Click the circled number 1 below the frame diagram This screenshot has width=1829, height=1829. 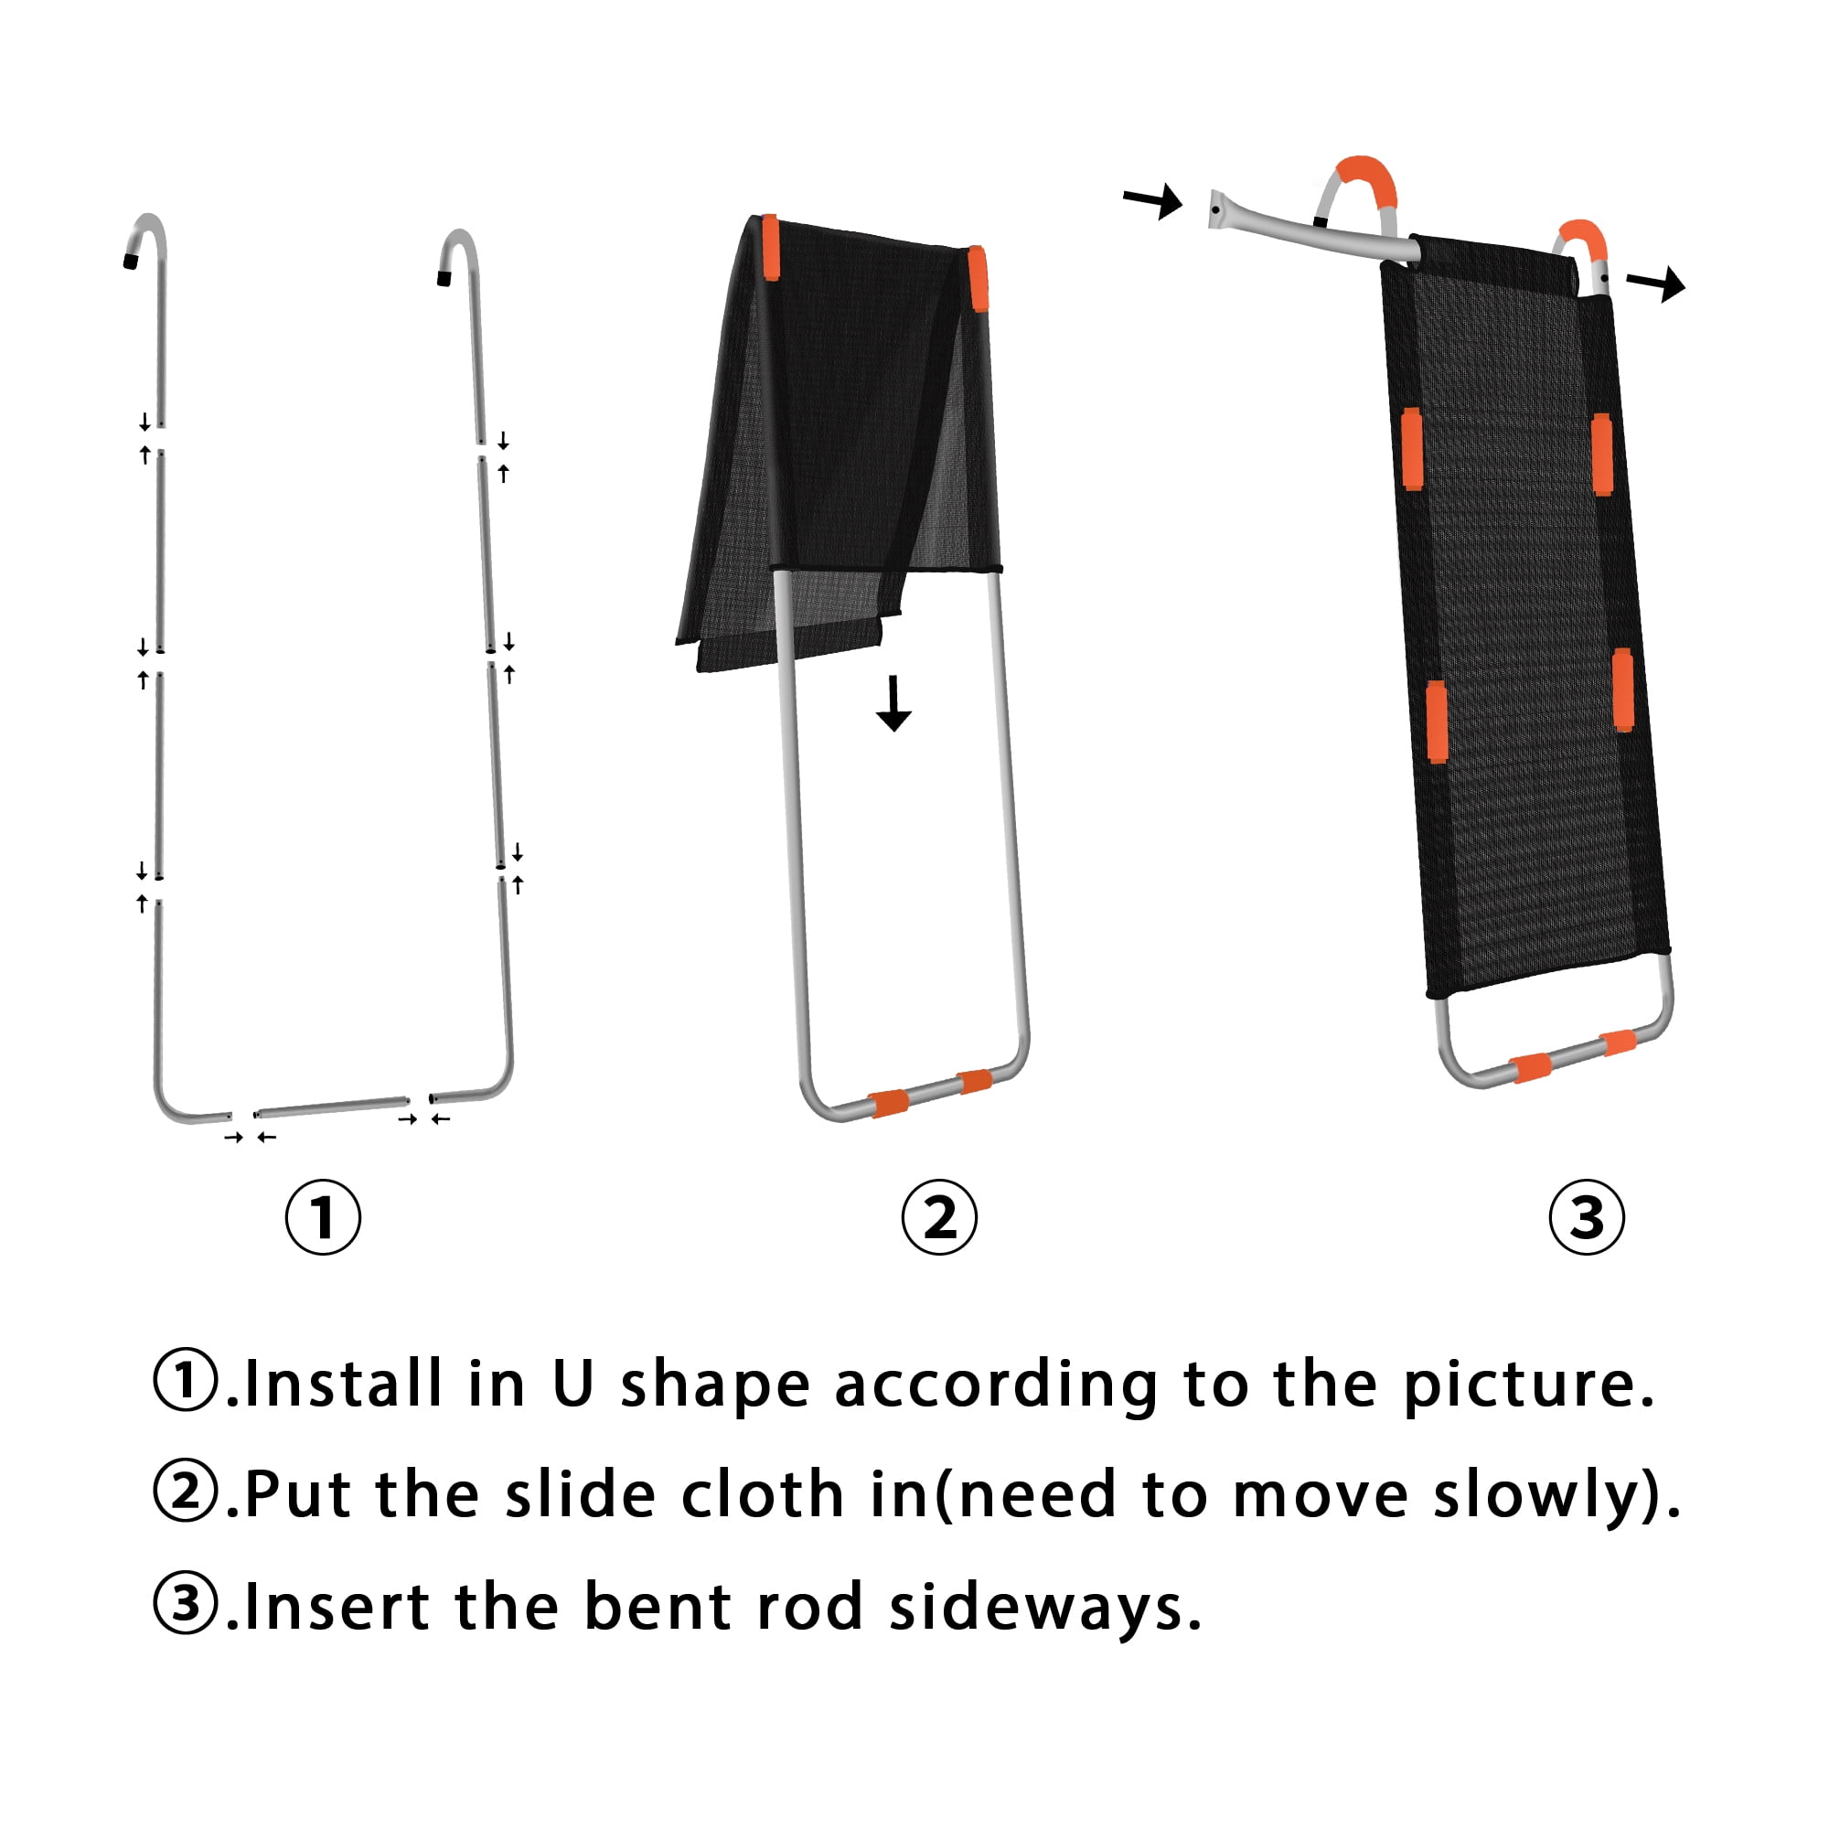point(323,1216)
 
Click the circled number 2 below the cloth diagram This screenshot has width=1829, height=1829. point(939,1216)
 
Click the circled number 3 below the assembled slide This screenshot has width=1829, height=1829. point(1587,1216)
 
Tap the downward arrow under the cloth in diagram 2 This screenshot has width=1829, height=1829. point(893,703)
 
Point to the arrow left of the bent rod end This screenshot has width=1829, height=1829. point(1153,199)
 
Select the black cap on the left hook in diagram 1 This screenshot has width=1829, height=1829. point(131,261)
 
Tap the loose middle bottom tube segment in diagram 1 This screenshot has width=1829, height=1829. point(331,1106)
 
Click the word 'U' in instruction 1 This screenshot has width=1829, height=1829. point(572,1383)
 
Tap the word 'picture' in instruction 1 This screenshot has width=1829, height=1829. point(1521,1387)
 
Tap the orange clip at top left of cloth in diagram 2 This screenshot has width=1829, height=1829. point(771,247)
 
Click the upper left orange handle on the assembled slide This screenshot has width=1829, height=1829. point(1411,450)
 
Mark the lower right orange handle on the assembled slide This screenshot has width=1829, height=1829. point(1622,690)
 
